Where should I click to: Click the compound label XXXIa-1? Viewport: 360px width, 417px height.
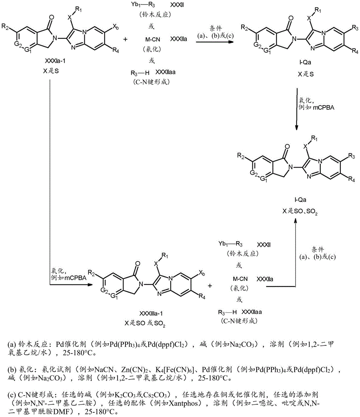(55, 61)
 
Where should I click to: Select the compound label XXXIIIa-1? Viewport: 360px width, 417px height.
(151, 314)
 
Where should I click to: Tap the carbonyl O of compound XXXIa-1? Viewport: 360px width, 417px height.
(51, 18)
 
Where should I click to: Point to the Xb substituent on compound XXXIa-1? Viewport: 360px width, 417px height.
(116, 26)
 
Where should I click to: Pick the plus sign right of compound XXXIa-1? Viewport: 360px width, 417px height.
(125, 39)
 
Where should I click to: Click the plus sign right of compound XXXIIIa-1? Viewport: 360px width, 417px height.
(210, 286)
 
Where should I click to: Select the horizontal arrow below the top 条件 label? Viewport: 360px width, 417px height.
(215, 41)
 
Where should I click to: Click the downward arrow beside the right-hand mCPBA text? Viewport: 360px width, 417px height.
(297, 109)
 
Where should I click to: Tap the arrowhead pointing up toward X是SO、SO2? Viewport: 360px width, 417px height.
(295, 221)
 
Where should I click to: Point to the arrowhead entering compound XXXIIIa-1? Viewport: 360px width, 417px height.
(90, 285)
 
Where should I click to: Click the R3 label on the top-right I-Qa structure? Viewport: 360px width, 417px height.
(355, 28)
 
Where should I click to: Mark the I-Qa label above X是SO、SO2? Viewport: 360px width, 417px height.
(300, 200)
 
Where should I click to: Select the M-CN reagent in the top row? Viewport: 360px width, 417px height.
(153, 39)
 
